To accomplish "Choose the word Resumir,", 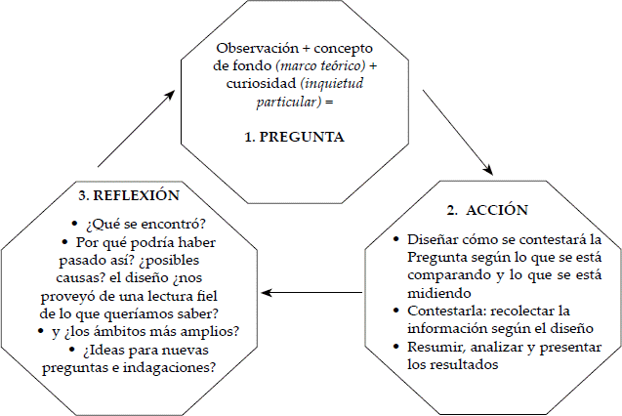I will pos(434,347).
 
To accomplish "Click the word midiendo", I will pos(440,293).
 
